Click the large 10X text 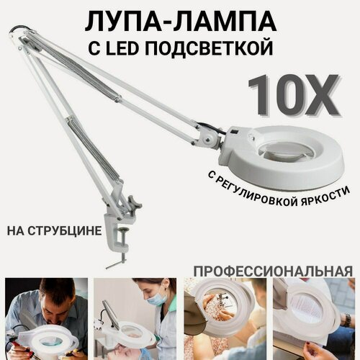tap(292, 96)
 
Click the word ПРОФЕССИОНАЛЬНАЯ tap(271, 271)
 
